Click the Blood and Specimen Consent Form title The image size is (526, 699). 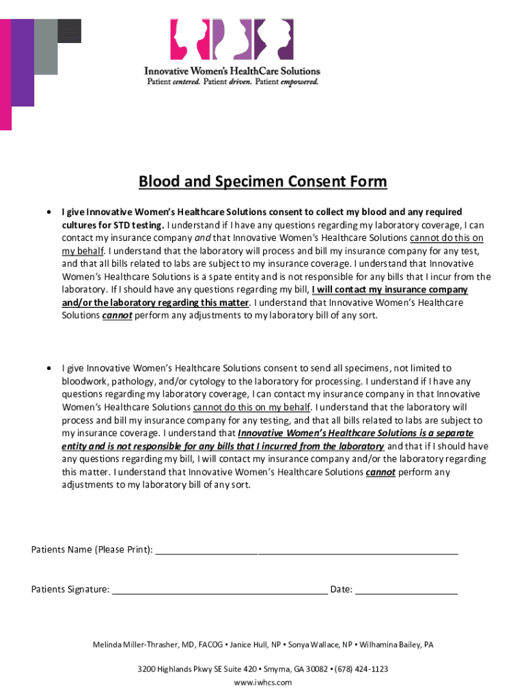tap(262, 182)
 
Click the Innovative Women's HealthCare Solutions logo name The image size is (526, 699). tap(232, 71)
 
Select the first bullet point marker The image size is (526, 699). tap(49, 212)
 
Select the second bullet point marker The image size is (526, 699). tap(49, 369)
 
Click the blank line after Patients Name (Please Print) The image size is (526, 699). tap(307, 550)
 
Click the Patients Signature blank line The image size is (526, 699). tap(219, 590)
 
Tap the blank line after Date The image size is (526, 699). tap(406, 590)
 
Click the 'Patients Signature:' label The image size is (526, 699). tap(70, 589)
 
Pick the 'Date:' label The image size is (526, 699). tap(342, 589)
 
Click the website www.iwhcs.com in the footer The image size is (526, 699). tap(262, 682)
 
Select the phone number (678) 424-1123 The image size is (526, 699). tap(361, 669)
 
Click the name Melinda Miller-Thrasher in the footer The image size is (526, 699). tap(135, 644)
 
